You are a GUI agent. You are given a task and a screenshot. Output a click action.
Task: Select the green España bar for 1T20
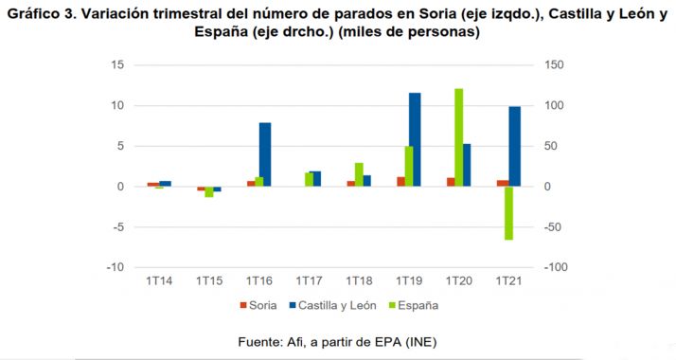point(458,137)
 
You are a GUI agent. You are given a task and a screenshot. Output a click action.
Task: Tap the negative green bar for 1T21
point(508,213)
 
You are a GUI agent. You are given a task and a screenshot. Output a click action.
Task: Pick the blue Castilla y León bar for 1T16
point(265,154)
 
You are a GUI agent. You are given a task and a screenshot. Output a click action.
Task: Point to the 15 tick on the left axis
point(117,64)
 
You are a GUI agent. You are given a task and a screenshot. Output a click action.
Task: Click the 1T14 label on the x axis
point(158,281)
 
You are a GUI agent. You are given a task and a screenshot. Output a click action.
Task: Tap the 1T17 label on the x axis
point(310,281)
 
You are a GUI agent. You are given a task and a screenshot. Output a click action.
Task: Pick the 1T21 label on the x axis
point(510,281)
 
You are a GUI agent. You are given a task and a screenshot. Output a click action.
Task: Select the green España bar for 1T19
point(408,166)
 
